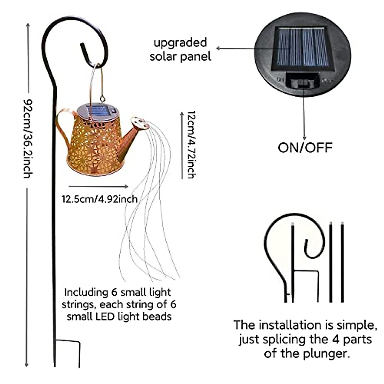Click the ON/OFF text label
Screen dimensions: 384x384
click(305, 148)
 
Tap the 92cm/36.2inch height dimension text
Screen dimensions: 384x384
click(28, 138)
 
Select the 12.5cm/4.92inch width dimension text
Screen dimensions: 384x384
click(100, 199)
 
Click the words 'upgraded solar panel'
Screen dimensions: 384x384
click(180, 50)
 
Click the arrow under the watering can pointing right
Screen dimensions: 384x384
click(99, 186)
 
